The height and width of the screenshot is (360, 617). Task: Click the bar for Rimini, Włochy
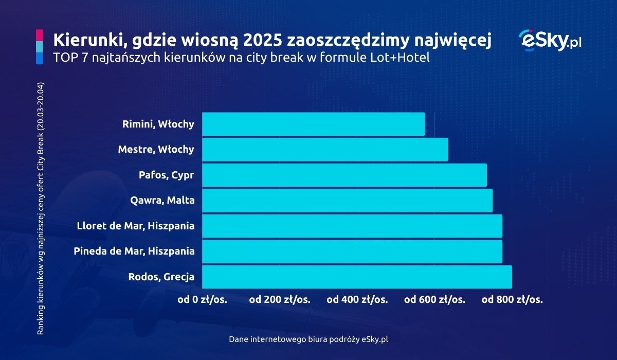pos(313,124)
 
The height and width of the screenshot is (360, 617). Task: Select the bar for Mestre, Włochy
pos(325,150)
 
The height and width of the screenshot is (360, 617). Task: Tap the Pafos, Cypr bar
pos(344,175)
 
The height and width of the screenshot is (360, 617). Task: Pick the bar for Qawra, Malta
pos(347,201)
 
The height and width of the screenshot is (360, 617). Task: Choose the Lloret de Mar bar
pos(352,226)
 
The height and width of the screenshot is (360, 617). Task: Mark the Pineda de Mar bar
pos(352,251)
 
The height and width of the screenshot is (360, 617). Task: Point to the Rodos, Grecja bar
pos(357,277)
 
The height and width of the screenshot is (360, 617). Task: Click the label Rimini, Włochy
pos(158,124)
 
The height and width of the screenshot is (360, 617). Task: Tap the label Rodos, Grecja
pos(161,277)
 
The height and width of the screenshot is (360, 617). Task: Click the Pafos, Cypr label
pos(167,175)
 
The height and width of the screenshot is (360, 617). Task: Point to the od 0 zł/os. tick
pos(202,299)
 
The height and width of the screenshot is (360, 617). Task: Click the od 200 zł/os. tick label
pos(280,299)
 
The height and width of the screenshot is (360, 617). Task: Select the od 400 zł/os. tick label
pos(357,299)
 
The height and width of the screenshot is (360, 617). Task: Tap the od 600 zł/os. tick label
pos(435,299)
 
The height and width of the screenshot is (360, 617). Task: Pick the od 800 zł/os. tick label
pos(512,299)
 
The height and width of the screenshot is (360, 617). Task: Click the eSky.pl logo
pos(550,40)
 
